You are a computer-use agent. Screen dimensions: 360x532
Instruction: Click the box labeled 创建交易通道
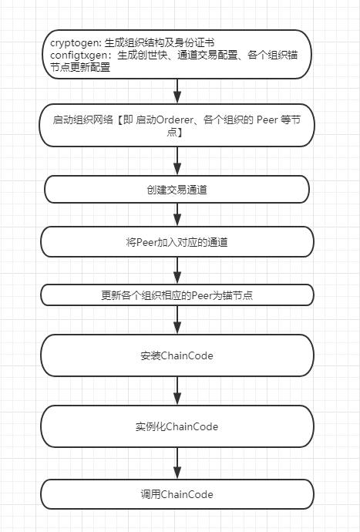[x=177, y=190]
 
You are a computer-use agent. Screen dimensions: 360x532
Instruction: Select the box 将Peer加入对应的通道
[x=177, y=242]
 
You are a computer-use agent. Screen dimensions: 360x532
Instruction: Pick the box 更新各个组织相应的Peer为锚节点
[x=177, y=295]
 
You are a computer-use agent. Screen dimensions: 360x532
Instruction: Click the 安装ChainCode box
[x=177, y=355]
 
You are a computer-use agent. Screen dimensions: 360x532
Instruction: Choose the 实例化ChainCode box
[x=177, y=426]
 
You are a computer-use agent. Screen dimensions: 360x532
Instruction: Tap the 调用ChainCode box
[x=177, y=494]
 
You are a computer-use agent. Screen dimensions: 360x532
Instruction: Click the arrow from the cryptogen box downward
[x=177, y=91]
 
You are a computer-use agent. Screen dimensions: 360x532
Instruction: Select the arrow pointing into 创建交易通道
[x=177, y=161]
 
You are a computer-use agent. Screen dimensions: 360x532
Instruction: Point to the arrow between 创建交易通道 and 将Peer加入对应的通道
[x=177, y=215]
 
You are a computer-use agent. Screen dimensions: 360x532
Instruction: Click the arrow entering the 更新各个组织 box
[x=177, y=271]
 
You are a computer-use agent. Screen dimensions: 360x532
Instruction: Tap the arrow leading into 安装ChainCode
[x=177, y=320]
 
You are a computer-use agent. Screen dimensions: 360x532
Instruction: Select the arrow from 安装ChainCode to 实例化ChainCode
[x=177, y=391]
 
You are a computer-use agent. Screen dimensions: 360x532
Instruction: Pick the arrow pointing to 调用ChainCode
[x=177, y=463]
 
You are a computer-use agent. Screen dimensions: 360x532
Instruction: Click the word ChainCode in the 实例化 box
[x=192, y=426]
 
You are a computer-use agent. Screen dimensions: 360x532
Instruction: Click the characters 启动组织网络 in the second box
[x=82, y=120]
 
